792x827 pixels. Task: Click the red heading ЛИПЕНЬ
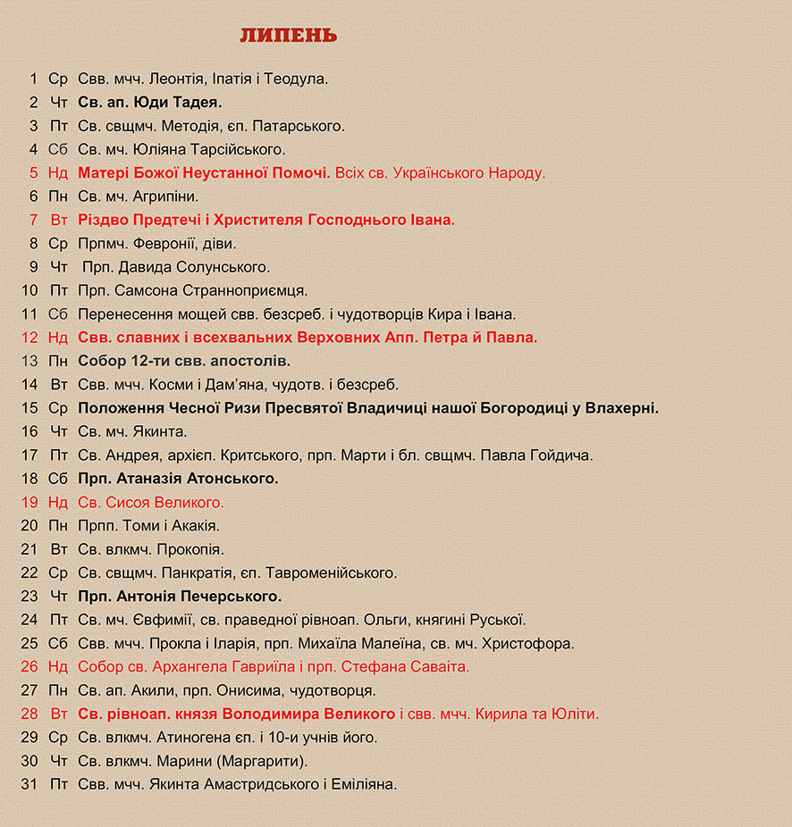(x=288, y=36)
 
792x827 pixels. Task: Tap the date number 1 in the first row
(x=34, y=79)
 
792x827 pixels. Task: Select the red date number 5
(x=34, y=173)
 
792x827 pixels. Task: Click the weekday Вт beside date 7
(x=59, y=220)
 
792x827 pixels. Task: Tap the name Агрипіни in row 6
(x=166, y=196)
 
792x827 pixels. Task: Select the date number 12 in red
(x=29, y=338)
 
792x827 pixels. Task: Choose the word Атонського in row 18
(x=232, y=479)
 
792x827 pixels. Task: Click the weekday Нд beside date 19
(x=58, y=503)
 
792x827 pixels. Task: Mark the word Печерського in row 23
(x=234, y=597)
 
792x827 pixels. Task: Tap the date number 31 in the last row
(x=29, y=785)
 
